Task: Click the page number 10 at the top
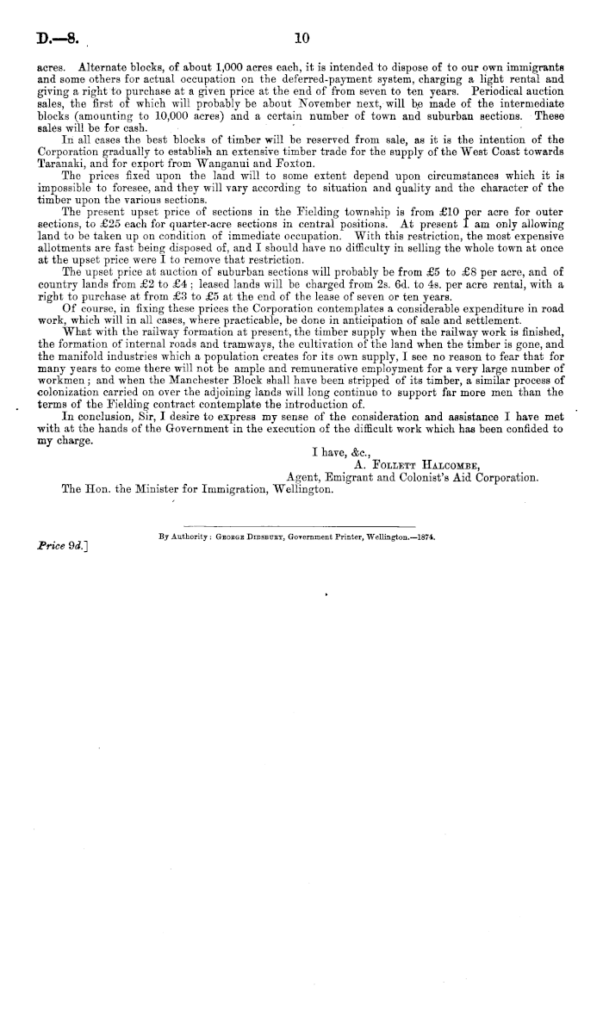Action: coord(301,39)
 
